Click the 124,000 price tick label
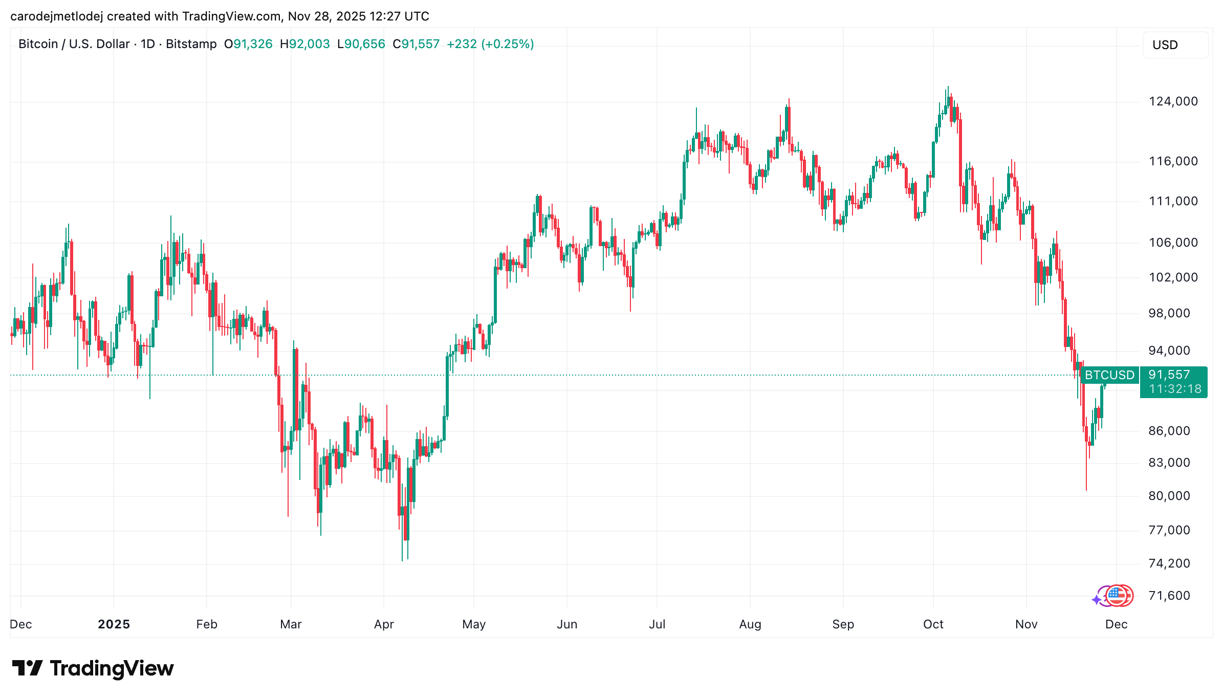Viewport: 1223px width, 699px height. point(1173,101)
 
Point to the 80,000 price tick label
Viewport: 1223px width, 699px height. point(1169,496)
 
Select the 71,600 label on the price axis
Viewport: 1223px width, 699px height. point(1169,596)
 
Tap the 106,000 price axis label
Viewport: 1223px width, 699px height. point(1173,243)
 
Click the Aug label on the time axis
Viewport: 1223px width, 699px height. point(750,624)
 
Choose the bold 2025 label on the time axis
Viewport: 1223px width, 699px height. point(114,624)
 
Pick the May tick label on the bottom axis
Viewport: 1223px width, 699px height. point(473,624)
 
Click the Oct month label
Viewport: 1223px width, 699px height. point(933,624)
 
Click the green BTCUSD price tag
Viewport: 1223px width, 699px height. point(1109,375)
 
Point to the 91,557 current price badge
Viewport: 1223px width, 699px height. point(1169,375)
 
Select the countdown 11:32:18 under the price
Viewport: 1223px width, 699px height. point(1175,389)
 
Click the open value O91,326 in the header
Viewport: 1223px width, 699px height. point(248,44)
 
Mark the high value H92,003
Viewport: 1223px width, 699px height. point(304,44)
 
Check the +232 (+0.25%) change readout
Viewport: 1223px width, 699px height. point(490,44)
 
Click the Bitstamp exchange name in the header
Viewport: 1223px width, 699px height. point(191,44)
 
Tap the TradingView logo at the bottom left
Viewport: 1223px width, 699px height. point(93,668)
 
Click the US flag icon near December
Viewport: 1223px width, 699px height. point(1117,596)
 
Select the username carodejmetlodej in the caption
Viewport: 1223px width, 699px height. point(56,16)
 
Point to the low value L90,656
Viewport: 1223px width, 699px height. point(361,44)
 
